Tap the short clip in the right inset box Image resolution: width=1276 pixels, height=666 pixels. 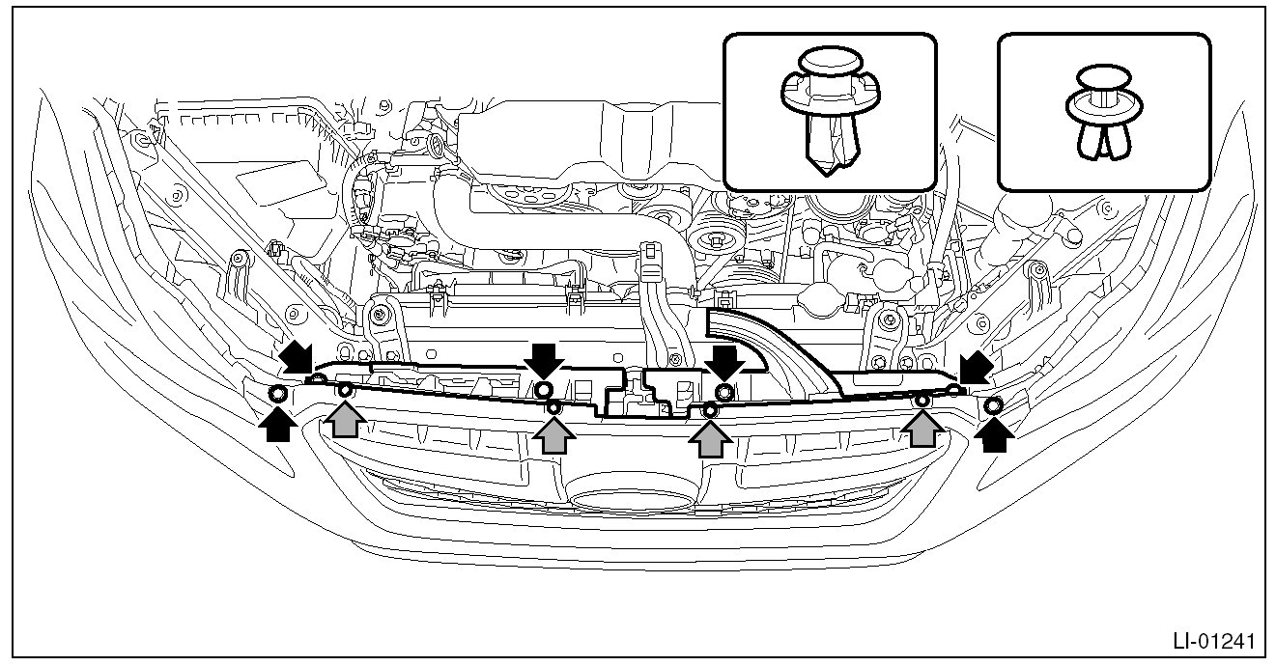(x=1104, y=113)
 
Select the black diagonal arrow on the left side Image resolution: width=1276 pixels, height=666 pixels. (x=298, y=358)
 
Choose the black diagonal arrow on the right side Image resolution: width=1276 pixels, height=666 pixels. (x=975, y=367)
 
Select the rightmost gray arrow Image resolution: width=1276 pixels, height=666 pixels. (x=922, y=428)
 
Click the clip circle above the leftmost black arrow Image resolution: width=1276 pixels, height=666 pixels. (x=277, y=394)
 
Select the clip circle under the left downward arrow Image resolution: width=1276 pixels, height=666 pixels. (x=544, y=389)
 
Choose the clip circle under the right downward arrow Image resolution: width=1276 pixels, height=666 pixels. (x=723, y=391)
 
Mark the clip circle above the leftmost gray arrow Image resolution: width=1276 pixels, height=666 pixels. (x=345, y=390)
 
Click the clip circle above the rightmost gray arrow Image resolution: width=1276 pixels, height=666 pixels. (x=922, y=400)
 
